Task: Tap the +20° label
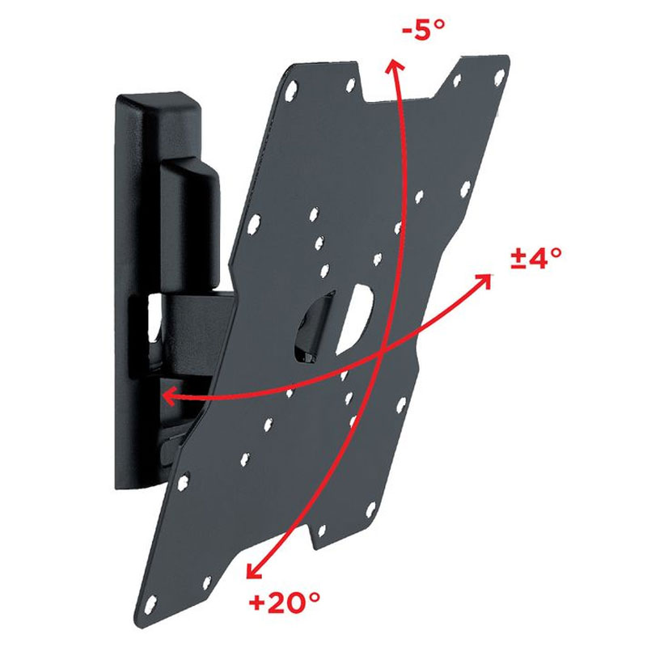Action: coord(285,603)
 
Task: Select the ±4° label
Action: coord(536,258)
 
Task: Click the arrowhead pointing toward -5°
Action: coord(394,66)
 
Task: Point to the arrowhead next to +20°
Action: coord(253,570)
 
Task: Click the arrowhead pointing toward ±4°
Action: coord(484,281)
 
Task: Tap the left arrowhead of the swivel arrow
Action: coord(169,395)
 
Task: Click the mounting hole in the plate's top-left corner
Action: coord(291,90)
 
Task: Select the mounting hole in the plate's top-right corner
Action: coord(499,77)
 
